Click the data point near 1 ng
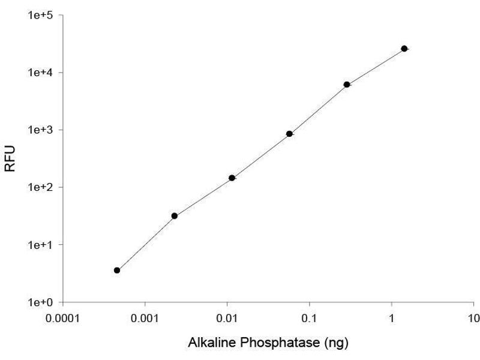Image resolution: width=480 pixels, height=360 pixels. [x=404, y=49]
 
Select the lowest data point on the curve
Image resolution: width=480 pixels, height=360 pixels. [x=117, y=271]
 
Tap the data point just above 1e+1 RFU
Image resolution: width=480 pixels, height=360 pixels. [x=175, y=216]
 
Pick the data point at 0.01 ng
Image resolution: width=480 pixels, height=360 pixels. [x=232, y=178]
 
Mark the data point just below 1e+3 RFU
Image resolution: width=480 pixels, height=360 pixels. [x=289, y=134]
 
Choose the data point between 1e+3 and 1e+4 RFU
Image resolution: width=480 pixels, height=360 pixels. [x=347, y=85]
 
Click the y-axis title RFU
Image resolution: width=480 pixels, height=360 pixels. [x=10, y=158]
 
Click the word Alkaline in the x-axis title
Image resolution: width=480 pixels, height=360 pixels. [x=208, y=343]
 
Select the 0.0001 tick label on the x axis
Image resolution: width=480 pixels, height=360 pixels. [x=62, y=318]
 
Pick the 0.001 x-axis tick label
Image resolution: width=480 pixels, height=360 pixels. [x=145, y=318]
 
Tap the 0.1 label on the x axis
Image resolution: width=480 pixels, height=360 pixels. [x=309, y=318]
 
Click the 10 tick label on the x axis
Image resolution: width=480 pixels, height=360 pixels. [x=473, y=318]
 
